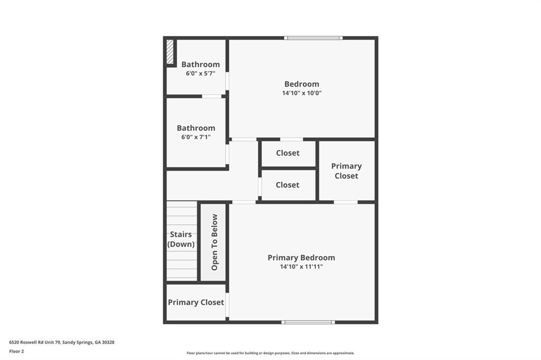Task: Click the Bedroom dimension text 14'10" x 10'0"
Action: pyautogui.click(x=302, y=93)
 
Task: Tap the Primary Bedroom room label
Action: pyautogui.click(x=301, y=258)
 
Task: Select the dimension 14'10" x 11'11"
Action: pyautogui.click(x=301, y=267)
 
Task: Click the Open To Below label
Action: pyautogui.click(x=214, y=242)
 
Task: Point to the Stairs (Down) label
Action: pyautogui.click(x=181, y=239)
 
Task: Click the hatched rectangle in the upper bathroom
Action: pyautogui.click(x=170, y=52)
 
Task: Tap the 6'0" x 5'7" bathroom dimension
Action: pyautogui.click(x=200, y=74)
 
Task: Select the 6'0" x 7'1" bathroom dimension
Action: pyautogui.click(x=196, y=137)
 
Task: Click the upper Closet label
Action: pyautogui.click(x=287, y=153)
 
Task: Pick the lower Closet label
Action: pyautogui.click(x=287, y=185)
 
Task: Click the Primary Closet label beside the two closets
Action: pyautogui.click(x=346, y=171)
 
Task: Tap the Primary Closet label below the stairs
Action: pyautogui.click(x=196, y=302)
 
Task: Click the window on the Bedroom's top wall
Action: pyautogui.click(x=313, y=38)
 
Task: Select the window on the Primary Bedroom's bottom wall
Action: pyautogui.click(x=308, y=322)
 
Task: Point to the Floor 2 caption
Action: pyautogui.click(x=16, y=350)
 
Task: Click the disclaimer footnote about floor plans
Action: pyautogui.click(x=270, y=353)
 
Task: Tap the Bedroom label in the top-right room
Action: pyautogui.click(x=302, y=84)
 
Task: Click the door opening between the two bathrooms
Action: pyautogui.click(x=212, y=96)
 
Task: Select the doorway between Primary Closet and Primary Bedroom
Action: pyautogui.click(x=346, y=202)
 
